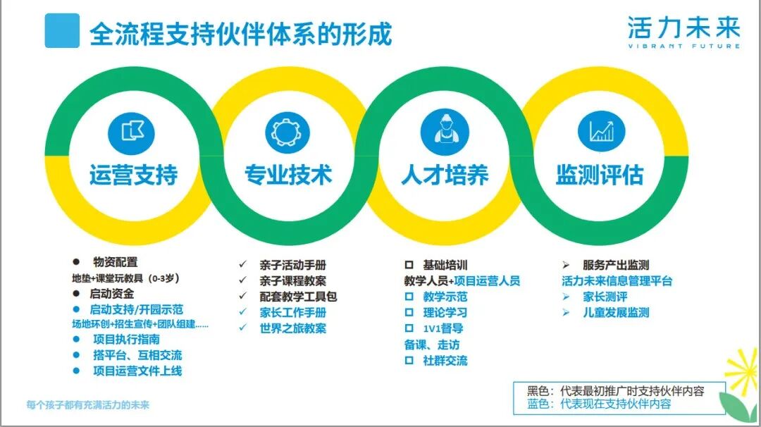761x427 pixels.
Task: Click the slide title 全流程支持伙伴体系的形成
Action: coord(240,34)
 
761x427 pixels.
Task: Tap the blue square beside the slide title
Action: coord(62,31)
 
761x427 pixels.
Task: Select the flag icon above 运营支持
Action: coord(130,132)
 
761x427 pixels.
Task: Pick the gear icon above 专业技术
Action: coord(287,132)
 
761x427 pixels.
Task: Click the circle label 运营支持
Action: coord(133,174)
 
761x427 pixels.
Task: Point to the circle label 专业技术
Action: coord(288,174)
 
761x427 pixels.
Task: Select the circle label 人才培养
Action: coord(445,174)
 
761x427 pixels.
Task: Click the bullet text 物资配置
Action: coord(116,261)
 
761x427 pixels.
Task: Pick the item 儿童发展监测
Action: coord(616,312)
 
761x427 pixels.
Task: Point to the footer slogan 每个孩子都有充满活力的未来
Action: coord(87,405)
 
